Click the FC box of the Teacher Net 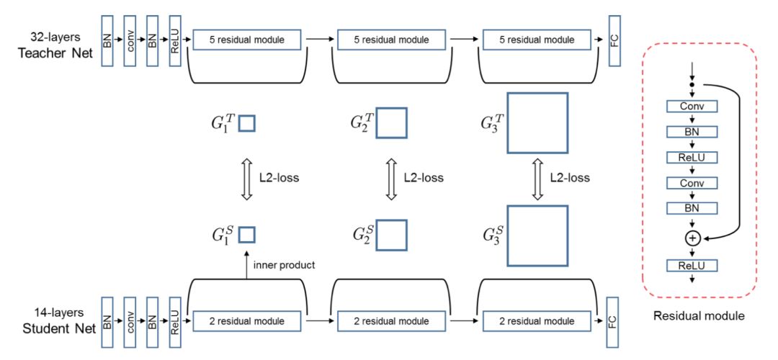pos(614,40)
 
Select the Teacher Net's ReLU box pos(176,40)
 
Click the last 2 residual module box pos(536,320)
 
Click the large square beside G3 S pos(537,235)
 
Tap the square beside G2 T pos(391,123)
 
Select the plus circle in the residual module pos(692,236)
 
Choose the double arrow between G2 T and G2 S pos(391,178)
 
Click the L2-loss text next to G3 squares pos(570,178)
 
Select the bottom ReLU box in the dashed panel pos(692,266)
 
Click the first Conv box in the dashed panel pos(692,107)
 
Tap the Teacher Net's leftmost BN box pos(107,40)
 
